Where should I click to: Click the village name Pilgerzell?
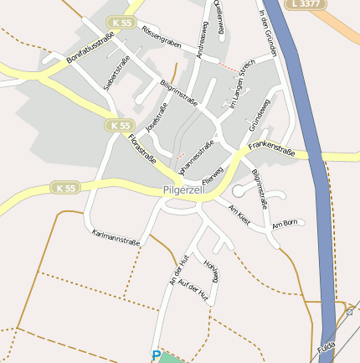[192, 192]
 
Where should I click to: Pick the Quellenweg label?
[219, 18]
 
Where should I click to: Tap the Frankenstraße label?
[272, 152]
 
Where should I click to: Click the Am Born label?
[285, 223]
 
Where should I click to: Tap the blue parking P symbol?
[156, 356]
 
